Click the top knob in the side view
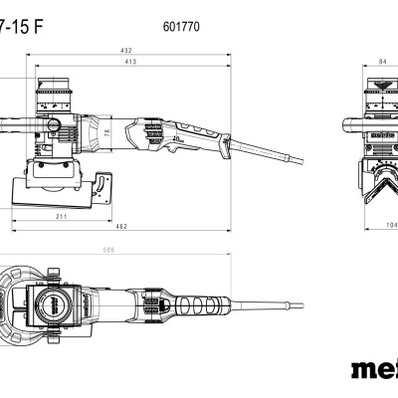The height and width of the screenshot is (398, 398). tap(55, 91)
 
